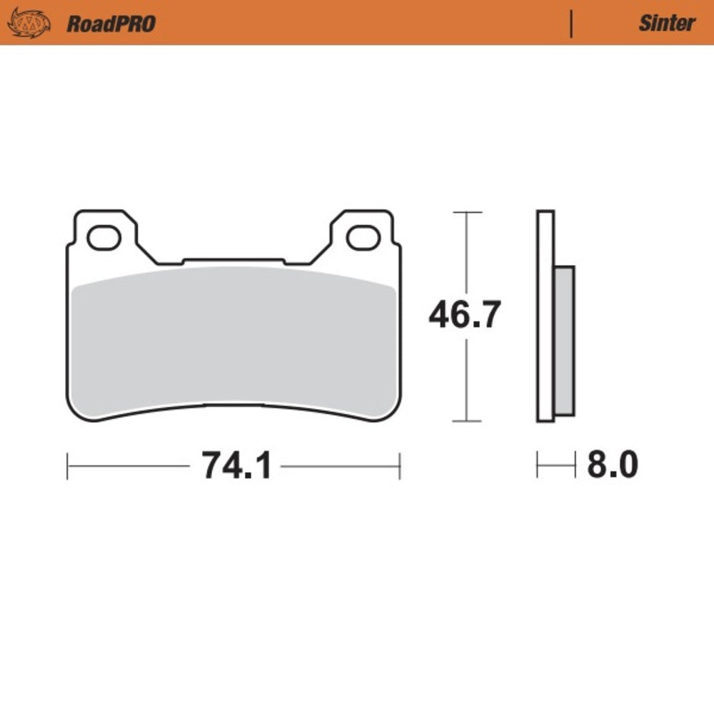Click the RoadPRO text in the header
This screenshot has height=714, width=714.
(111, 24)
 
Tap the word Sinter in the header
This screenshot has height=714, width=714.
(666, 23)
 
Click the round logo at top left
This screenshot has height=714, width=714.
(29, 23)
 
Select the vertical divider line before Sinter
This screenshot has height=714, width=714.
(571, 23)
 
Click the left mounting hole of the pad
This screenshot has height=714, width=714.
(104, 238)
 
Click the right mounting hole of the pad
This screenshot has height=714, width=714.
(363, 238)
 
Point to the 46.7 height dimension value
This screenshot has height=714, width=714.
(465, 315)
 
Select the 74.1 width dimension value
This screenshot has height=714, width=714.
(236, 466)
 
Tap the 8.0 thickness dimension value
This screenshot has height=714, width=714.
(612, 466)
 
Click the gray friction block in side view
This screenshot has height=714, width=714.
(564, 340)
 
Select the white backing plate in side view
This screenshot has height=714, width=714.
(545, 314)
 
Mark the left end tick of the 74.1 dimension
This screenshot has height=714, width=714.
(67, 466)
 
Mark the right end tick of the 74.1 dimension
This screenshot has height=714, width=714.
(399, 466)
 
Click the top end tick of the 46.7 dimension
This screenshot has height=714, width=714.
(466, 212)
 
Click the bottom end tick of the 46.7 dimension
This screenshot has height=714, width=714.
(466, 421)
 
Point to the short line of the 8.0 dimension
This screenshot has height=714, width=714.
(555, 466)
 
